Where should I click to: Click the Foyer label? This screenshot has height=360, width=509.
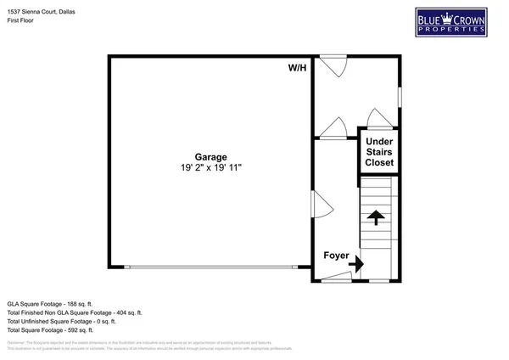point(337,255)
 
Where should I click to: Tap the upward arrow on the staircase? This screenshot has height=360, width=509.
point(374,217)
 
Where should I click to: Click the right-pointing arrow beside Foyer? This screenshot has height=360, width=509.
point(355,265)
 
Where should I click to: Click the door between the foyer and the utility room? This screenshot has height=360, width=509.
point(333,129)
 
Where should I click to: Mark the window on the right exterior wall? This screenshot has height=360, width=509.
point(400,98)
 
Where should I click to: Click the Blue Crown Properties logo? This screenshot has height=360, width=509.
point(450,22)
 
